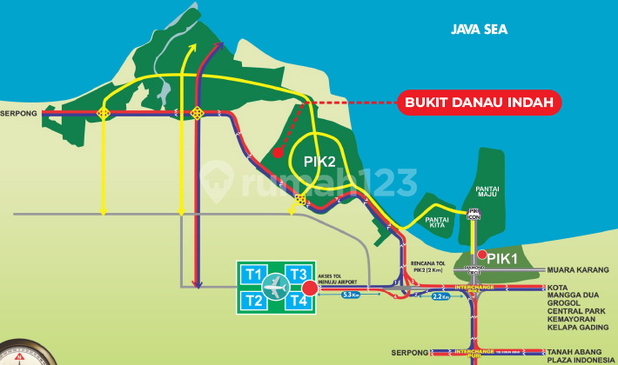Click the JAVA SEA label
point(479,30)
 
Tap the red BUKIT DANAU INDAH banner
point(480,102)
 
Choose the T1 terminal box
point(254,274)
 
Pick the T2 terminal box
point(254,301)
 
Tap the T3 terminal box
point(298,274)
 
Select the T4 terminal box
point(298,301)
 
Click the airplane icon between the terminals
point(276,287)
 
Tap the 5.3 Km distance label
point(352,295)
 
